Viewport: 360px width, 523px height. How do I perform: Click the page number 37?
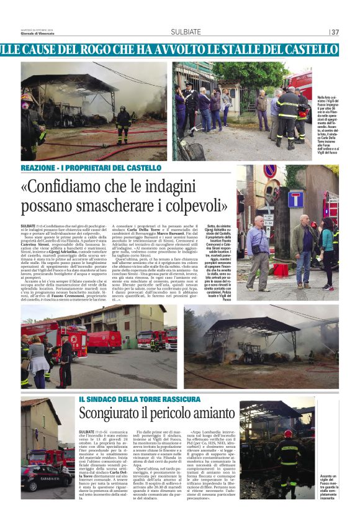(x=335, y=32)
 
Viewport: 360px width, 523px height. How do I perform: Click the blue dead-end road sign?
(x=295, y=199)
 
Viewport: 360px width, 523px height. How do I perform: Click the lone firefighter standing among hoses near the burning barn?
(x=124, y=124)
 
